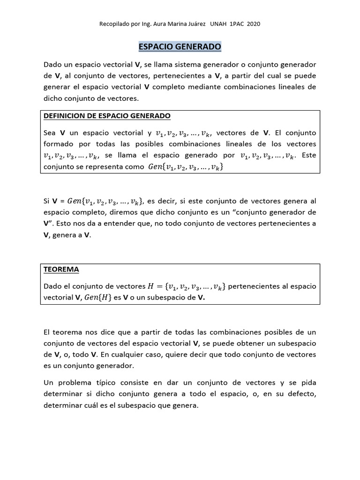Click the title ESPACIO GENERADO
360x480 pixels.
(x=180, y=47)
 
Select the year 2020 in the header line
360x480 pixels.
(x=253, y=23)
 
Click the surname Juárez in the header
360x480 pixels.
(x=195, y=23)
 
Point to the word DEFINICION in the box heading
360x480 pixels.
(x=66, y=116)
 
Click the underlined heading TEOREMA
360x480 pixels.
(x=61, y=270)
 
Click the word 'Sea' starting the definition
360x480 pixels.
(x=50, y=133)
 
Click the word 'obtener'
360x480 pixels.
(x=251, y=343)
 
